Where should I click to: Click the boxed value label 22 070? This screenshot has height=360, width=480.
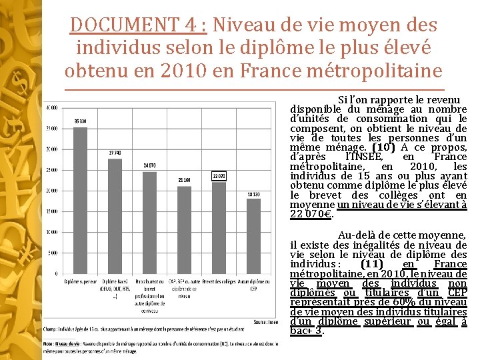[219, 175]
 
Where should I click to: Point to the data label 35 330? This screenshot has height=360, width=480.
[80, 121]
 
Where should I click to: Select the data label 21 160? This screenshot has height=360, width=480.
[184, 180]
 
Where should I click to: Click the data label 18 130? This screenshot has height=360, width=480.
[254, 193]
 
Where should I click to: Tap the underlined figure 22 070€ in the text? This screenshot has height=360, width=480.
[312, 215]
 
